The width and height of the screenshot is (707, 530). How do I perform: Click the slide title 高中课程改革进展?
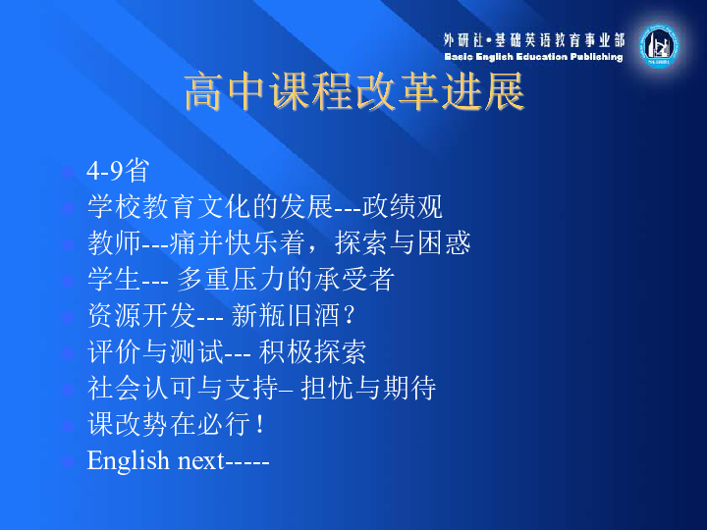click(354, 91)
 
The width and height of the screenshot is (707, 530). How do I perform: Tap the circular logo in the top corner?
click(659, 46)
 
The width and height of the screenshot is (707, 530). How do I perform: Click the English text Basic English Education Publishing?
click(533, 57)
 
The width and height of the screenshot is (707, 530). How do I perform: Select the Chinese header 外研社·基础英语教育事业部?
click(534, 40)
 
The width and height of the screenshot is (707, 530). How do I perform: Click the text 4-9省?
click(118, 171)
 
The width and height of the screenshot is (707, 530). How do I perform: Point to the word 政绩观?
click(403, 207)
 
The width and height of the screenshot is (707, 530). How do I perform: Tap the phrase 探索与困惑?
click(403, 243)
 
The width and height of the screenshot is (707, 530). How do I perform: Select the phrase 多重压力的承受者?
click(286, 279)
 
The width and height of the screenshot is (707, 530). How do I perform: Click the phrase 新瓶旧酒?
click(285, 315)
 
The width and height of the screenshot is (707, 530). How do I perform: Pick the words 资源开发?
click(141, 315)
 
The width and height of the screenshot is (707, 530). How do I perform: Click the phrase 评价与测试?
click(155, 351)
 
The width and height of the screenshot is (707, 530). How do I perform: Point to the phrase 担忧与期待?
click(368, 388)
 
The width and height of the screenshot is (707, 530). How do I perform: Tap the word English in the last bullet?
click(128, 460)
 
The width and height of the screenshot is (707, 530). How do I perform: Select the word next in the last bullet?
click(201, 461)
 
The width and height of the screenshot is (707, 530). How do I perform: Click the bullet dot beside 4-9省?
click(68, 172)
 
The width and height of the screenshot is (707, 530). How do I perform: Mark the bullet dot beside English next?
click(68, 461)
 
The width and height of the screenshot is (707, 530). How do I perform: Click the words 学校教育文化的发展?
click(210, 207)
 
